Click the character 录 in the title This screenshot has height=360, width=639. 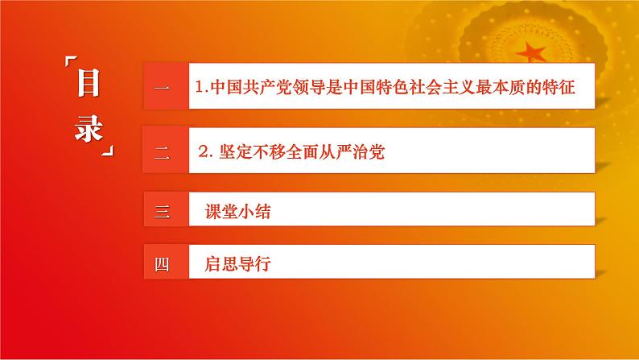point(89,129)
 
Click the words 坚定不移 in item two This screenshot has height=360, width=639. point(249,152)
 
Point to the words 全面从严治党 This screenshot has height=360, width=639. point(335,152)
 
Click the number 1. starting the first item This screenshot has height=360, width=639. point(201,85)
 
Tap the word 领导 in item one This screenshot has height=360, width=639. point(308,85)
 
